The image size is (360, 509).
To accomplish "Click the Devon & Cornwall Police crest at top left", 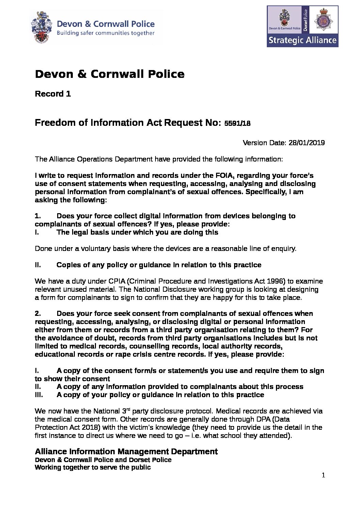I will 41,27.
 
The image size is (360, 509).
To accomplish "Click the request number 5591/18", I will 238,123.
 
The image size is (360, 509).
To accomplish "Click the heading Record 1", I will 53,94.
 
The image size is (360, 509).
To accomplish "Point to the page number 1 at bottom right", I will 323,475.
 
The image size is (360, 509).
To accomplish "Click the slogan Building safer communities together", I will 105,33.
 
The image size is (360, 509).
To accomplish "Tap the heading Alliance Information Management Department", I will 126,452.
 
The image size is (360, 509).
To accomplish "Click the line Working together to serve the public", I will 93,467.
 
